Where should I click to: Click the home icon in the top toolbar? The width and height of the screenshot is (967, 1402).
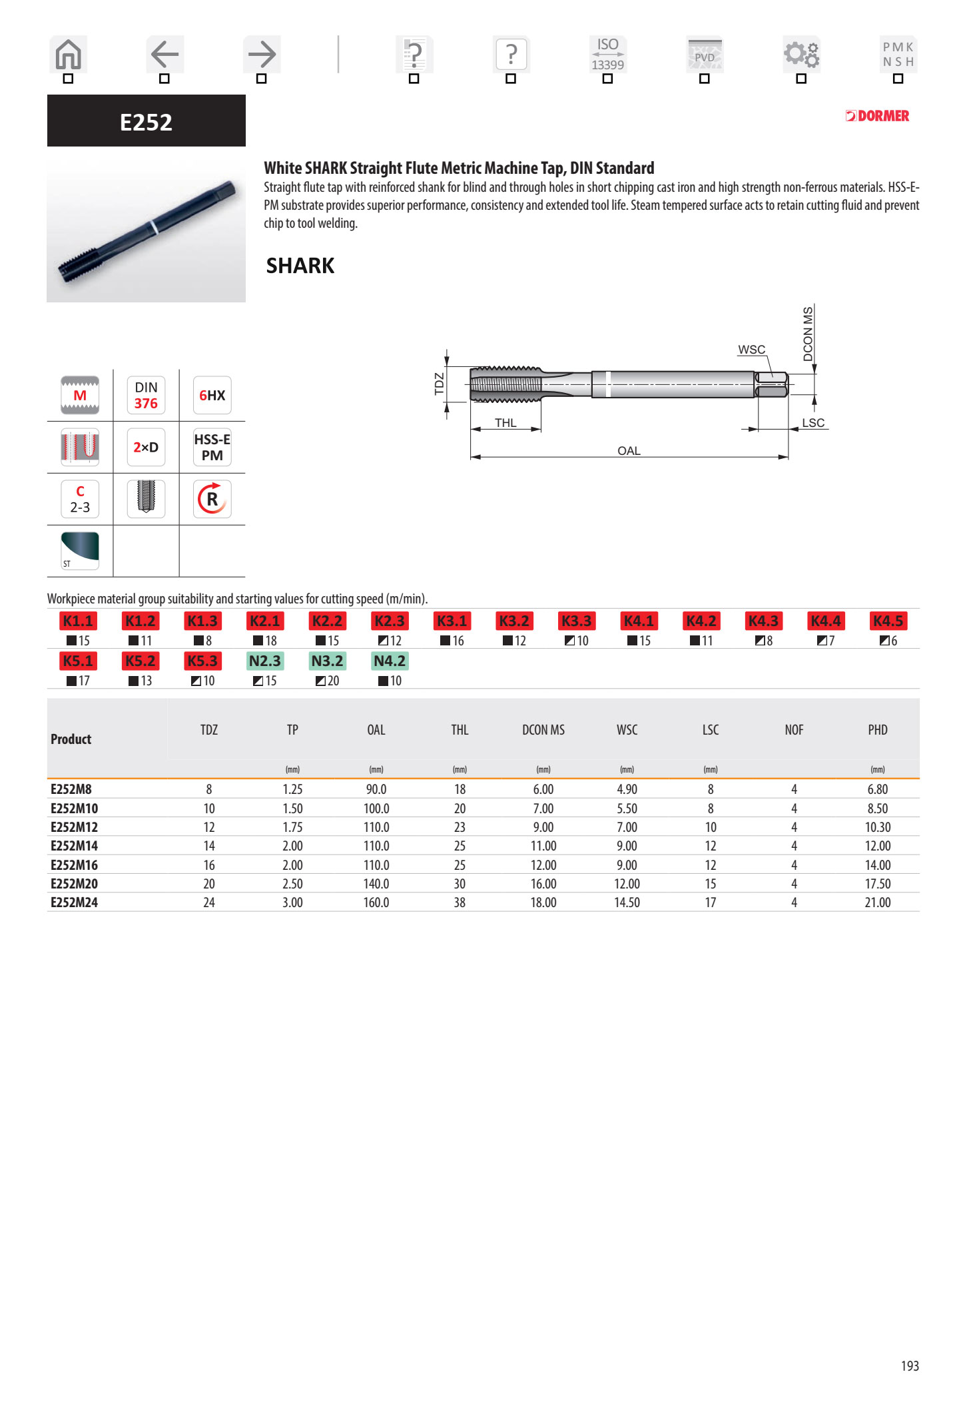pos(68,55)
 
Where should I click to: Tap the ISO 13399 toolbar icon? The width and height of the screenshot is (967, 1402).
pos(607,54)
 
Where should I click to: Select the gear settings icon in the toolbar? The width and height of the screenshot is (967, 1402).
pos(801,54)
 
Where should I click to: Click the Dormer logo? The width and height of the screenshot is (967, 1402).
pos(877,116)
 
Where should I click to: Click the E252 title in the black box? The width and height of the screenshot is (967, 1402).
pos(146,122)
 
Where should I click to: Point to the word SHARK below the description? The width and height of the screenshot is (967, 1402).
pos(300,266)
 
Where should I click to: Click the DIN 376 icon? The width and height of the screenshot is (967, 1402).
pos(146,395)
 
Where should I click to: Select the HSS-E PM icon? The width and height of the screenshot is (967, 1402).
pos(212,447)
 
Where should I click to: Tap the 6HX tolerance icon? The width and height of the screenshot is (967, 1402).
pos(212,395)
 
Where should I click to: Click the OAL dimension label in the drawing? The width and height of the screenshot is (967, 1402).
pos(629,451)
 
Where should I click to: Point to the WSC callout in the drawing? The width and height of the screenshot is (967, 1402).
pos(751,350)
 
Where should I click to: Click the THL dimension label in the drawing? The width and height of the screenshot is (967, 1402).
pos(505,423)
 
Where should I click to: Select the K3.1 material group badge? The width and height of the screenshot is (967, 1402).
pos(452,621)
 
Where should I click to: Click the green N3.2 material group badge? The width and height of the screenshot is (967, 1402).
pos(327,661)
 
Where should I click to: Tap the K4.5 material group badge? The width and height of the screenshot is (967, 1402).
pos(888,621)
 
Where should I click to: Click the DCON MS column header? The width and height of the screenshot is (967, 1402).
pos(543,730)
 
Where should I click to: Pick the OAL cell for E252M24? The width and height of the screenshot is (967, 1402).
pos(376,902)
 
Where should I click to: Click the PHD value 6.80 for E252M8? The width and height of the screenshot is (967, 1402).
pos(877,789)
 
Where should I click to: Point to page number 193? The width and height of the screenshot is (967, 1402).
pos(909,1366)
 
